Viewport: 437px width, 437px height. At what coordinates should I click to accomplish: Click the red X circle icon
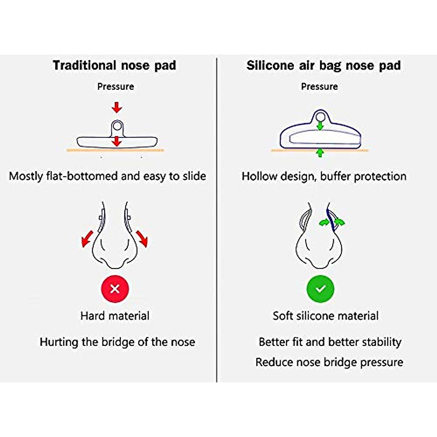115,289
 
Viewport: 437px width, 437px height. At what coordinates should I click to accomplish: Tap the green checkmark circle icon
320,289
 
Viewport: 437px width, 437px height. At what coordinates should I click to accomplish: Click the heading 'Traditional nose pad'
114,66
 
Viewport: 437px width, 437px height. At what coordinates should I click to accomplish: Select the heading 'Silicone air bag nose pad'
323,66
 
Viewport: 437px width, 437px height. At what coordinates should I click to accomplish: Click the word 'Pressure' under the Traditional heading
115,87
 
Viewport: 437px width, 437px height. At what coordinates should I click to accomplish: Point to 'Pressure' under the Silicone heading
319,87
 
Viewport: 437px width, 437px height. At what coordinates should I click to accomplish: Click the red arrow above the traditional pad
117,107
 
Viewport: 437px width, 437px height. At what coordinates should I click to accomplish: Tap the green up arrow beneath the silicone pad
320,153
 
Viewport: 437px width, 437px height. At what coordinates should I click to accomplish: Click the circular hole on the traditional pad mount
117,126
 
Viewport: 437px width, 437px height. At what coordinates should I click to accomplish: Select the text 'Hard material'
115,316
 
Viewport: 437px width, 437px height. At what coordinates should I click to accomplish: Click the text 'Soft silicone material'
326,316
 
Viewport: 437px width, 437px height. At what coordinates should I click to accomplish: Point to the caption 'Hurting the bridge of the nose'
117,342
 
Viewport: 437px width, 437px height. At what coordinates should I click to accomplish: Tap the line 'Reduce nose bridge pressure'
329,362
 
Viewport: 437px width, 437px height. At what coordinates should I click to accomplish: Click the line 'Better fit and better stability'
330,342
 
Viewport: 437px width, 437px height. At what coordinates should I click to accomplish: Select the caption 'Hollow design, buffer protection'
324,176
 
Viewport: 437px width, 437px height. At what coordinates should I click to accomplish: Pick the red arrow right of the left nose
142,238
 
